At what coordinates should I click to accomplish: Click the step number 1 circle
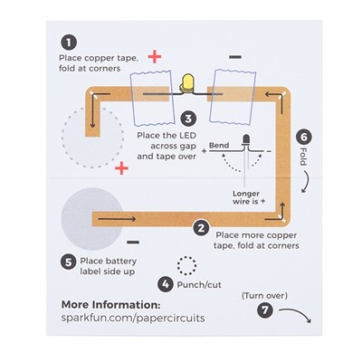tap(68, 42)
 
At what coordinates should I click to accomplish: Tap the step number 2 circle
tap(202, 230)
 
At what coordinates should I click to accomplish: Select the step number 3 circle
tap(186, 118)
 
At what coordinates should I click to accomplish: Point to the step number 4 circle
tap(164, 283)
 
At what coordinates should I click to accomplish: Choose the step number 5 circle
tap(68, 262)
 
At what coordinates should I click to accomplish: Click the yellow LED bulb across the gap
tap(188, 84)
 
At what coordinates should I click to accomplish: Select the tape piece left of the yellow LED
tap(150, 96)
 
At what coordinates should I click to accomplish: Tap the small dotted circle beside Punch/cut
tap(187, 264)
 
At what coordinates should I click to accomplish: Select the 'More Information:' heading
tap(110, 305)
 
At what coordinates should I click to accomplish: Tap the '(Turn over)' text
tap(264, 295)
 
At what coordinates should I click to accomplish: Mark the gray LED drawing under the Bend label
tap(247, 145)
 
